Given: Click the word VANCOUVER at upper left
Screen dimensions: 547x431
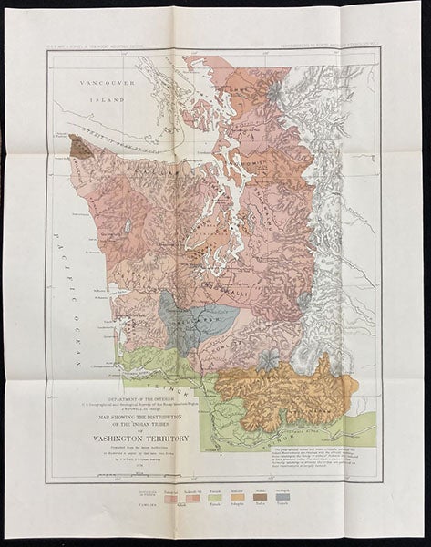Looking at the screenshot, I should point(108,84).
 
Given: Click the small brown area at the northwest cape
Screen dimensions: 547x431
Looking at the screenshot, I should point(76,147).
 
